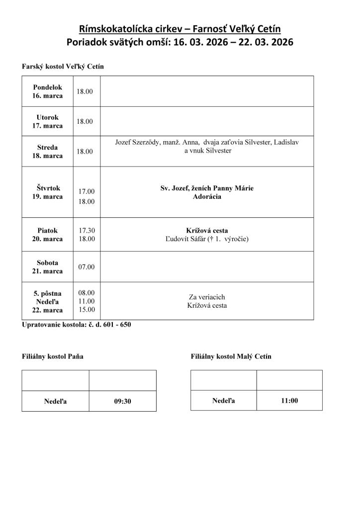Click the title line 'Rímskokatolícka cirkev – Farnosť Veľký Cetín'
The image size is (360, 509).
coord(180,29)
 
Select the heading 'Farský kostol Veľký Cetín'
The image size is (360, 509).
coord(63,66)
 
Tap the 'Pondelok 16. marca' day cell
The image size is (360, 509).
coord(48,91)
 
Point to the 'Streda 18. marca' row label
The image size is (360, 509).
coord(48,151)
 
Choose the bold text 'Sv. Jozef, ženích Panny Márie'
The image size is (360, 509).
coord(207,188)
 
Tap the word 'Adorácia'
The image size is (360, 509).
coord(207,197)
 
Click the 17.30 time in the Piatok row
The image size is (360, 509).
coord(87,231)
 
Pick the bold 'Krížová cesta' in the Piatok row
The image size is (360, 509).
coord(207,231)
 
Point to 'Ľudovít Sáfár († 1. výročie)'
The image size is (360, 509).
coord(207,239)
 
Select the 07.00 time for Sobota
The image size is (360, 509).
coord(87,266)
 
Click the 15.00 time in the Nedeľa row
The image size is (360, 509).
coord(87,310)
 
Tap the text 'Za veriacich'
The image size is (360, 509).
coord(207,297)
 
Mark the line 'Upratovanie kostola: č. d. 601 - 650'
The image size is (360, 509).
coord(77,325)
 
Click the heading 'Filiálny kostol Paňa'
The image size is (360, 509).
coord(53,356)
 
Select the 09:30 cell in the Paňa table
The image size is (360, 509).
coord(122,402)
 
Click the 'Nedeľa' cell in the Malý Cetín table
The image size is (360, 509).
coord(224,400)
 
